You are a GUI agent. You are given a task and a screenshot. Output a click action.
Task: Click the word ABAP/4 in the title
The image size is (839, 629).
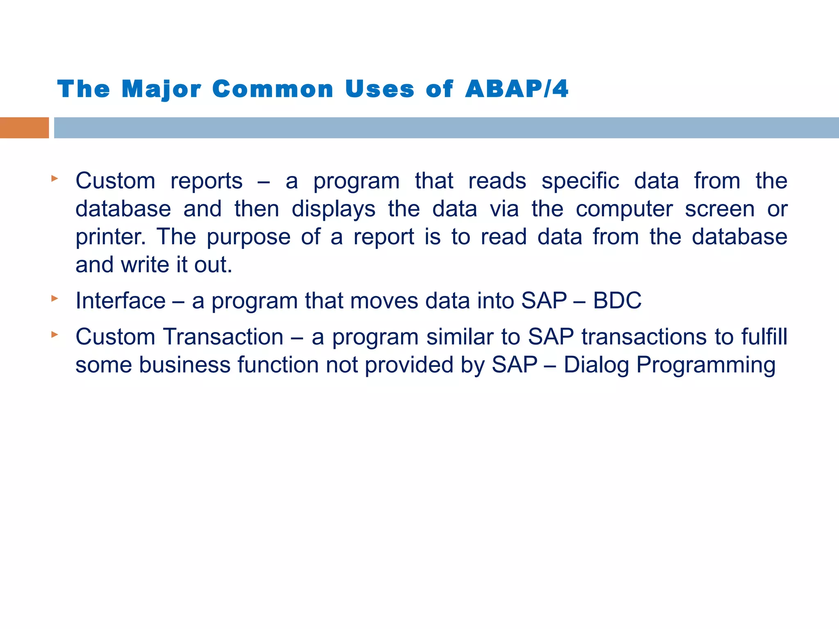[x=517, y=89]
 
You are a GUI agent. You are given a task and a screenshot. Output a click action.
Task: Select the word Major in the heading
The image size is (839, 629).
[x=161, y=89]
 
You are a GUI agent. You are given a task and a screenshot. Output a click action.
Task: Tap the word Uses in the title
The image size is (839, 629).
[x=379, y=89]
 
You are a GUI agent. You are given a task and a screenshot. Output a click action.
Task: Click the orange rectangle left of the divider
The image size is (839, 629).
[x=24, y=128]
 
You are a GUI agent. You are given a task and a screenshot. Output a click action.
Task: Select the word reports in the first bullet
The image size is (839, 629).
[x=206, y=181]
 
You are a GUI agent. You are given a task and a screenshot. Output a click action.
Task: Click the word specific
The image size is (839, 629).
[x=580, y=181]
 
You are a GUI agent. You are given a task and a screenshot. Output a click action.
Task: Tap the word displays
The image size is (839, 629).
[x=333, y=209]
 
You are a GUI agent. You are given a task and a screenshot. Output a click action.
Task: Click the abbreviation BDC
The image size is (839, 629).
[x=617, y=300]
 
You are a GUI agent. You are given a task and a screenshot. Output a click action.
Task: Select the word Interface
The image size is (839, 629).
[x=120, y=300]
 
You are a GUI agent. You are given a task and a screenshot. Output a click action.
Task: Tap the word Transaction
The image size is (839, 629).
[x=223, y=337]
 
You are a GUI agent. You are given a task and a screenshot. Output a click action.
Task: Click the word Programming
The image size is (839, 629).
[x=706, y=365]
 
